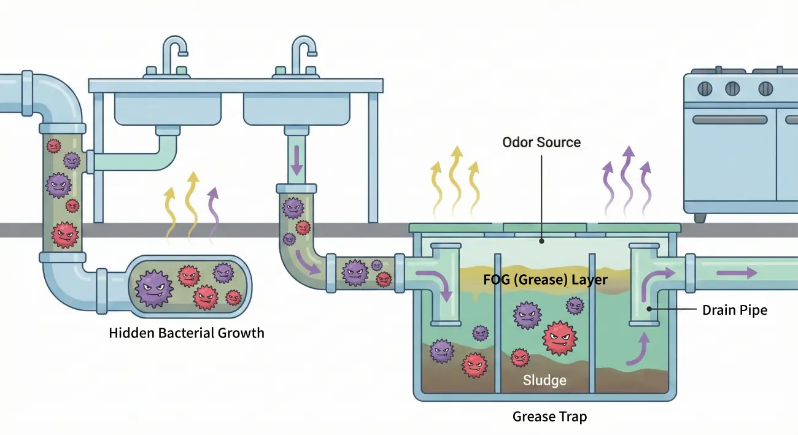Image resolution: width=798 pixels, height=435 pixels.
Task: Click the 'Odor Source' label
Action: tap(541, 142)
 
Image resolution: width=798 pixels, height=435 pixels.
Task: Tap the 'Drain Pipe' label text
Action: tap(734, 310)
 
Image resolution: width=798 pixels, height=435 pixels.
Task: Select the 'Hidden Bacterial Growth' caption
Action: tap(186, 333)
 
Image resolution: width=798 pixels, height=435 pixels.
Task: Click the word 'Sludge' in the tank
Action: tap(544, 380)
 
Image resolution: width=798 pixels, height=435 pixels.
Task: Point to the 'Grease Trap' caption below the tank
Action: tap(549, 417)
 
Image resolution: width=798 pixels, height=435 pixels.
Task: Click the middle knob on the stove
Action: tap(733, 88)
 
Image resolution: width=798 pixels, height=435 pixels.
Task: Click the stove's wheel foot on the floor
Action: tap(700, 217)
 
